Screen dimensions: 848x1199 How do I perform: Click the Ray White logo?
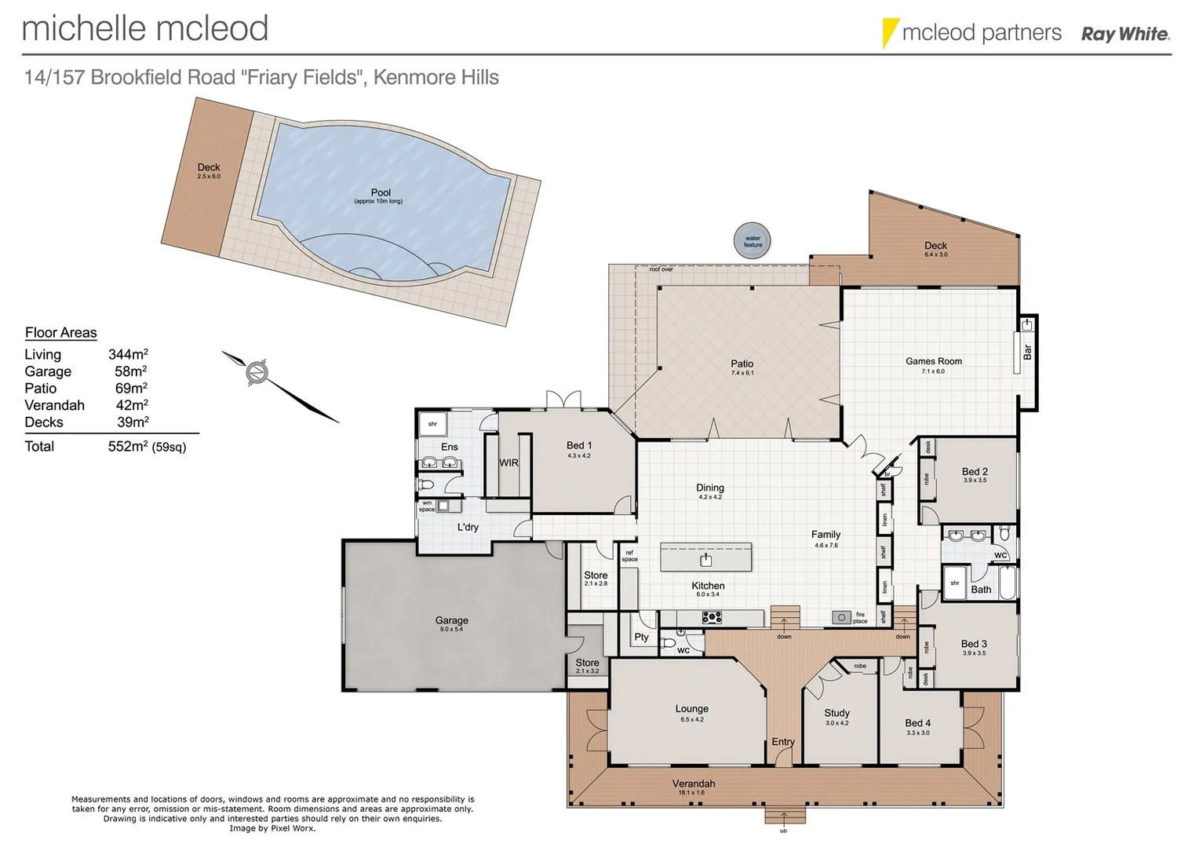click(x=1124, y=34)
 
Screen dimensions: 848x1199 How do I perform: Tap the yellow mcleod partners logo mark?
click(x=889, y=33)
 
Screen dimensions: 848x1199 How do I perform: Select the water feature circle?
click(x=752, y=241)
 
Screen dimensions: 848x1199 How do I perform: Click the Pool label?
click(x=381, y=192)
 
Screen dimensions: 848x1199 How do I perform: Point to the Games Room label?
click(x=933, y=361)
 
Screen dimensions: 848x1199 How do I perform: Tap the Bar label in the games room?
click(x=1027, y=352)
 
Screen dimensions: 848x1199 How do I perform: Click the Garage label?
click(x=451, y=620)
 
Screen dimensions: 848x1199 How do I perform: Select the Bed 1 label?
click(x=578, y=445)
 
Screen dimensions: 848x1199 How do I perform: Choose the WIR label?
click(x=508, y=462)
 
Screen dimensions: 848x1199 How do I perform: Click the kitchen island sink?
click(x=706, y=559)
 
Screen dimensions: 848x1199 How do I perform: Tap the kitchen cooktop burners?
click(x=712, y=618)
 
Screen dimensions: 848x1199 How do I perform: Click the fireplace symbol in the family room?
click(x=841, y=618)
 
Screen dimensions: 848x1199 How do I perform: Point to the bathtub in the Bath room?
click(x=1007, y=583)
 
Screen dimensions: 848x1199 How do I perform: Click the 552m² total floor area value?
click(x=128, y=447)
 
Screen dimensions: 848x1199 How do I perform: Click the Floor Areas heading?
click(x=60, y=333)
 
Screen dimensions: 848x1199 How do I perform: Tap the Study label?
click(x=836, y=713)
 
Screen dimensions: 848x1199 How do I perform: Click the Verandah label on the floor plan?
click(x=693, y=784)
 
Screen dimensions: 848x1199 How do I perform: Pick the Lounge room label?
click(x=691, y=709)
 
